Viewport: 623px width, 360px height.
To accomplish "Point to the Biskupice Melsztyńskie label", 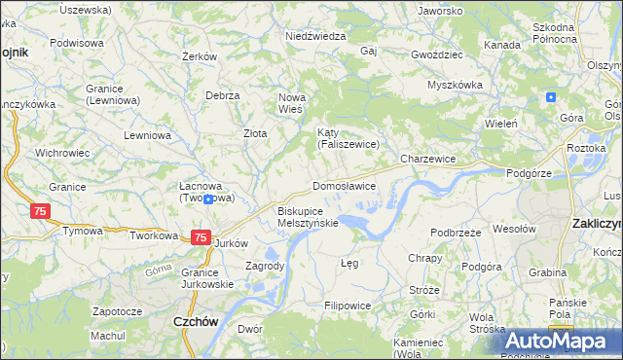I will (x=308, y=216).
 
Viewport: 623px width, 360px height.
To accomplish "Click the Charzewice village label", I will (x=428, y=158).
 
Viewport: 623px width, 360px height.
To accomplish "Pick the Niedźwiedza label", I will (x=315, y=36).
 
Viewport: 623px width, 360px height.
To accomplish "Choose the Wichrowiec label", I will (x=62, y=153).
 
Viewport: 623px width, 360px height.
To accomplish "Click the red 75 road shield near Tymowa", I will (x=40, y=211).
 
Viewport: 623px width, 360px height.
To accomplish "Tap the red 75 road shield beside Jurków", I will (x=200, y=236).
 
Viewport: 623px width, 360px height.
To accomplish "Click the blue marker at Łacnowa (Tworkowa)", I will (x=207, y=198).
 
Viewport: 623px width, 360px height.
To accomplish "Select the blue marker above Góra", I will (x=551, y=97).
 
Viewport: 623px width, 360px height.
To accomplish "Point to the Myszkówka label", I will (x=455, y=85).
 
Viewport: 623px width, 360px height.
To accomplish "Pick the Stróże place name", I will (x=424, y=290).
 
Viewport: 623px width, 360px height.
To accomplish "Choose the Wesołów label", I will (x=515, y=229).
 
